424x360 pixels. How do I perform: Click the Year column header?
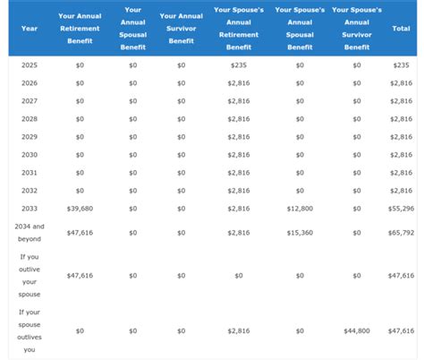tap(29, 29)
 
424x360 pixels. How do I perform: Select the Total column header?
tap(400, 29)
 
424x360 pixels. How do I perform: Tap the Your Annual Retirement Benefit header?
tap(80, 28)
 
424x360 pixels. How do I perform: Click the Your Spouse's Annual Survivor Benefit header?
tap(357, 28)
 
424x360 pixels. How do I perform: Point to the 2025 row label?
tap(29, 64)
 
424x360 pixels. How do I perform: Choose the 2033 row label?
tap(29, 208)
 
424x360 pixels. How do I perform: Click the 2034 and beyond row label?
tap(29, 233)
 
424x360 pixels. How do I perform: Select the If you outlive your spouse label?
tap(29, 275)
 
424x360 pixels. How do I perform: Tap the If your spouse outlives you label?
tap(29, 330)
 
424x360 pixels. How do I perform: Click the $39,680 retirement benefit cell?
tap(80, 208)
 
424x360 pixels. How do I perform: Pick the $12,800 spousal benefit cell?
tap(299, 208)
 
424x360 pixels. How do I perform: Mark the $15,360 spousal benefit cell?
tap(299, 233)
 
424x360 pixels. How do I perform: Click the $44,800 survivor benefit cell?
tap(357, 331)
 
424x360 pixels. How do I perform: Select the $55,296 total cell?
tap(400, 208)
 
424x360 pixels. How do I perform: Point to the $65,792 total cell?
tap(400, 233)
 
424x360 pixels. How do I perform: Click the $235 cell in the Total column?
tap(400, 64)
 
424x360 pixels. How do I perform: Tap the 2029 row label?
tap(29, 136)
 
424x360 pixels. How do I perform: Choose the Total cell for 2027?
tap(400, 100)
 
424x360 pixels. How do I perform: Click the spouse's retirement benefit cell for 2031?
tap(239, 172)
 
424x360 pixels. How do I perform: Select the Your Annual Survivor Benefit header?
tap(181, 28)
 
